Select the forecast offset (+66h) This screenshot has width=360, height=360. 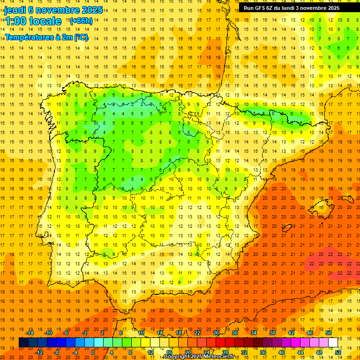pos(81,21)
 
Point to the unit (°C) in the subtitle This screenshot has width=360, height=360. pos(81,37)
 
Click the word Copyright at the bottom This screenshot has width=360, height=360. pos(175,357)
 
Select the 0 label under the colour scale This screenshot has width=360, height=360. pos(93,352)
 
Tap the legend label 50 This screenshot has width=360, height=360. pos(328,333)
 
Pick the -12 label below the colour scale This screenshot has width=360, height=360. pos(39,352)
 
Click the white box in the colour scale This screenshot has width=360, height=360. pos(333,343)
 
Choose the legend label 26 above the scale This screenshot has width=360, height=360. pos(216,333)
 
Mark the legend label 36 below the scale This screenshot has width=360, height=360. pos(263,352)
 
